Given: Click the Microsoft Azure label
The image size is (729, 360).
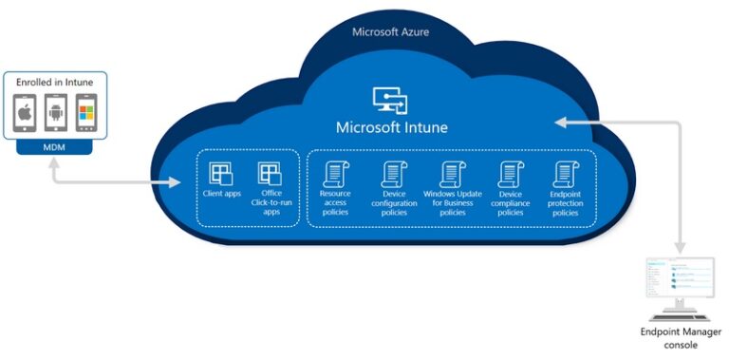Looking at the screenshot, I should pos(390,31).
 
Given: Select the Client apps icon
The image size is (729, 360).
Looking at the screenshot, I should pos(221,175).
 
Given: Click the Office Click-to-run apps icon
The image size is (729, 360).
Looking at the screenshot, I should pos(270,175).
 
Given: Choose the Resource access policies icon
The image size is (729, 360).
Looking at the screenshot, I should pos(335,174).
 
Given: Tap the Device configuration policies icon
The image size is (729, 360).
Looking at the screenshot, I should pos(394,174).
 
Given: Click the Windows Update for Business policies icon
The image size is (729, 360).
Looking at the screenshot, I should pos(451,174).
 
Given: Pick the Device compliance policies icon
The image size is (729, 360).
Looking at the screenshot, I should pos(511,174).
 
